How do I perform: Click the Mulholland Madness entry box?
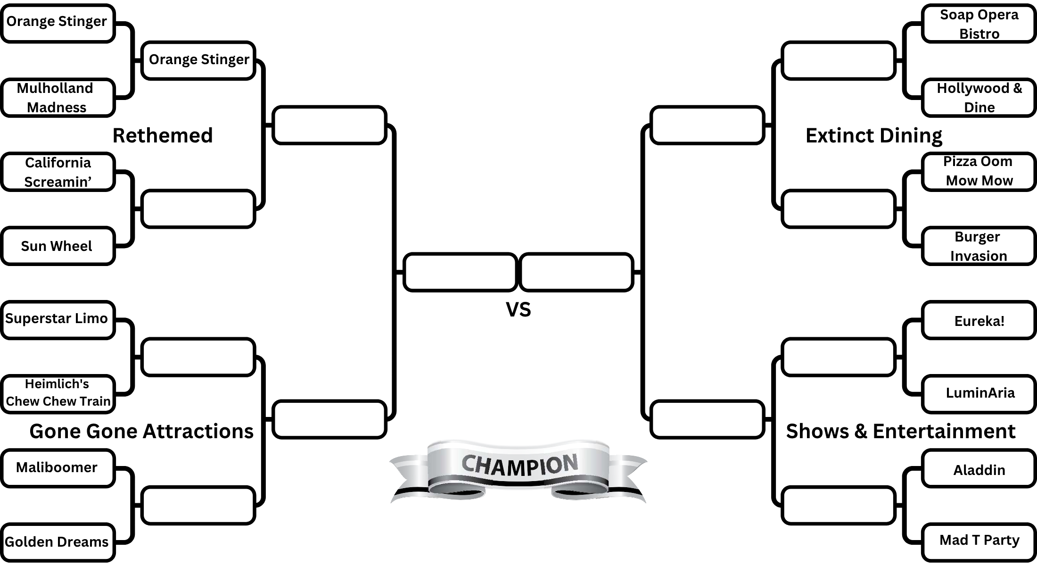tap(58, 98)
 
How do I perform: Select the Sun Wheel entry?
tap(58, 246)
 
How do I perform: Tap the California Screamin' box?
tap(58, 172)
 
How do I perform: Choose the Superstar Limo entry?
tap(58, 319)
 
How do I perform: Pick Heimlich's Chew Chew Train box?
tap(58, 393)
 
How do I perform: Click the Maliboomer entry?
tap(58, 468)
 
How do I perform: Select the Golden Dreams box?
tap(58, 542)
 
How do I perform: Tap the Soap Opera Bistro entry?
tap(979, 24)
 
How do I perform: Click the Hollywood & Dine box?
tap(979, 98)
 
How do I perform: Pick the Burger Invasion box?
tap(979, 246)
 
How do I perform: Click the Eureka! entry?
tap(979, 321)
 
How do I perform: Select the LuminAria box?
tap(979, 393)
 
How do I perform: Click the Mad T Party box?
tap(979, 541)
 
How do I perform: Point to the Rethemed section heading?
tap(163, 136)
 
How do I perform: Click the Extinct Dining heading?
tap(873, 136)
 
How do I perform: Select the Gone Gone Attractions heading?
tap(141, 432)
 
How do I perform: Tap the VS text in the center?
tap(518, 310)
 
